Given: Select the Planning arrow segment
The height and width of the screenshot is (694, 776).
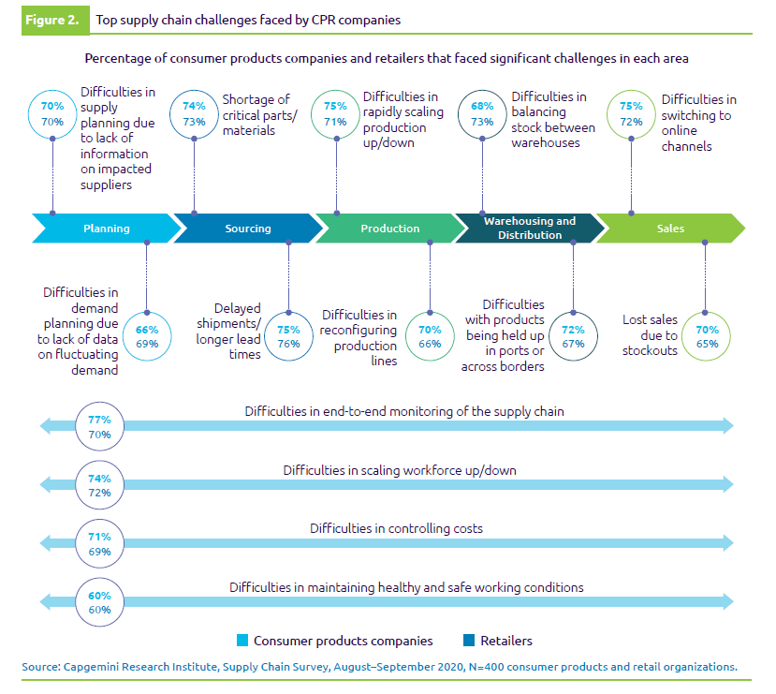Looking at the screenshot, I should point(106,229).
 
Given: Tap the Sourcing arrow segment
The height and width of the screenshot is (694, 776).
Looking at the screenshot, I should point(247,229).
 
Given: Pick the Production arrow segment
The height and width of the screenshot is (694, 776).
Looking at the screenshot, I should point(389,229).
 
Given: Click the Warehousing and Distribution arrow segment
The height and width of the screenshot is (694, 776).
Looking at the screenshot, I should point(530,229).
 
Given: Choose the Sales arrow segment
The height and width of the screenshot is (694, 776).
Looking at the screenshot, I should point(670,229).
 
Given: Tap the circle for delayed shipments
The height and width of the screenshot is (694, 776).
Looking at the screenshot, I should point(288,336).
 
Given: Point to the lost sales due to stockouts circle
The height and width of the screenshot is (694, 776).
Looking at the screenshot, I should point(707,336).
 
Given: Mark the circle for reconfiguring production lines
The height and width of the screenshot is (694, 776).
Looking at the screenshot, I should point(430,336).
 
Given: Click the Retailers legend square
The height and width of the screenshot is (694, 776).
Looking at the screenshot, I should point(469,642).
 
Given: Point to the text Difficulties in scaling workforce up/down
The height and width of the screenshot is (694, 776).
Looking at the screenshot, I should point(400,470).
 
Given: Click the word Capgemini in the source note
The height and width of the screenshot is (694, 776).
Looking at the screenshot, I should point(96,667).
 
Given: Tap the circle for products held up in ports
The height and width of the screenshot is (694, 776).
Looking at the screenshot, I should point(573,336).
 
